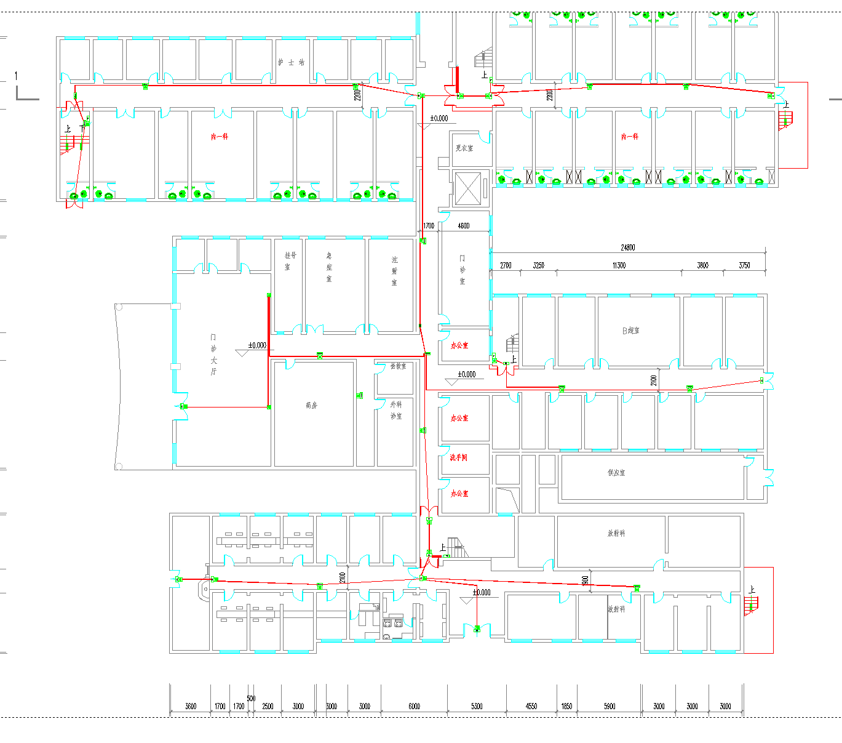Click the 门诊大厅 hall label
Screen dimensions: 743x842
(213, 355)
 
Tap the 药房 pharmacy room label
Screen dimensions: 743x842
(311, 406)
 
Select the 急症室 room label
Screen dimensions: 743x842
(329, 267)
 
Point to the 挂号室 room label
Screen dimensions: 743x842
(287, 260)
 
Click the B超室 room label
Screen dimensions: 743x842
(630, 331)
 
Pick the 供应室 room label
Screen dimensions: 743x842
(616, 473)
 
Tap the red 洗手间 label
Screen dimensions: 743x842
(459, 457)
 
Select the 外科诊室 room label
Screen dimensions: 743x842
(395, 410)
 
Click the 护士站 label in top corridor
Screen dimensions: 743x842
(291, 62)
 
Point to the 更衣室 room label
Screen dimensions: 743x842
(464, 148)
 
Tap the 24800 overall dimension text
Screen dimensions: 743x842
(627, 247)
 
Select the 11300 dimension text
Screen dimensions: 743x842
(619, 265)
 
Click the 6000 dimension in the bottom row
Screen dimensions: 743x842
(414, 706)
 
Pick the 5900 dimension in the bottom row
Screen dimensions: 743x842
(610, 706)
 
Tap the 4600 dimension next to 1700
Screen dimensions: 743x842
(464, 226)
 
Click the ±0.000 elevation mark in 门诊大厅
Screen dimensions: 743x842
(256, 345)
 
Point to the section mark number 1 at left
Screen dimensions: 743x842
(17, 76)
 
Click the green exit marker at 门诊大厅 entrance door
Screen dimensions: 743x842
(183, 406)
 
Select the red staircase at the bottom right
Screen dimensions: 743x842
(751, 604)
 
